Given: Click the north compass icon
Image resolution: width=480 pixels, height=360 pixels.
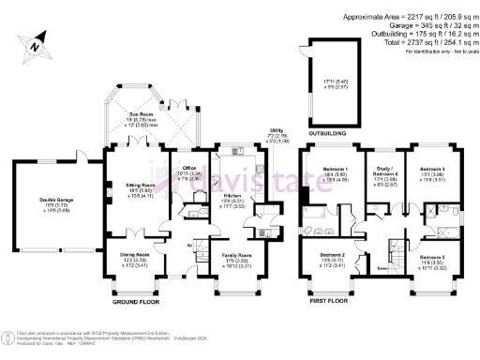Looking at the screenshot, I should point(34,43).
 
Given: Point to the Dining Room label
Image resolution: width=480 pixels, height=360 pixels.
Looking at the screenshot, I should point(133,256).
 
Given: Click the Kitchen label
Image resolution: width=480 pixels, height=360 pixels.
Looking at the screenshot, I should point(232,196).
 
